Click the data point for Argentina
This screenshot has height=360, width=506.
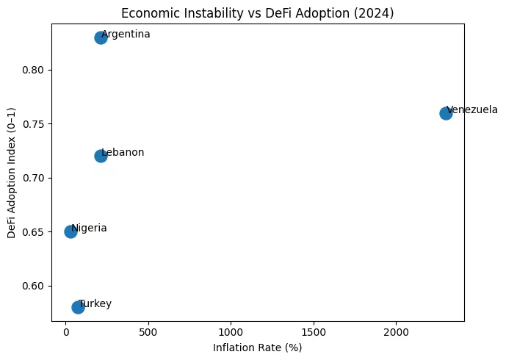[x=101, y=37]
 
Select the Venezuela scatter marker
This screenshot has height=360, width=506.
[x=446, y=113]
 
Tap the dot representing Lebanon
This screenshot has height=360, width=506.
[x=101, y=156]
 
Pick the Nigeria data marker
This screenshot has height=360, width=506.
[x=71, y=231]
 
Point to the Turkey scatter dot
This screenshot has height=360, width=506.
[x=78, y=307]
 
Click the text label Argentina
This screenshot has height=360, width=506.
[x=126, y=35]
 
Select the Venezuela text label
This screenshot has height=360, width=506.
[x=472, y=110]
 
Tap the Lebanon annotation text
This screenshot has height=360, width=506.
[x=123, y=153]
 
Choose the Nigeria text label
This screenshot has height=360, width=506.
[x=89, y=228]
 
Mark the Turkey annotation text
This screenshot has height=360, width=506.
[x=95, y=304]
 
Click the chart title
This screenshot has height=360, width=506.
[x=258, y=12]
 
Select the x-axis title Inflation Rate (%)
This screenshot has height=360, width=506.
[x=258, y=348]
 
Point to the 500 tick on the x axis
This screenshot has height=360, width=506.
[x=148, y=333]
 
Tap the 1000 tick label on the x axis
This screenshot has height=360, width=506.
[x=231, y=333]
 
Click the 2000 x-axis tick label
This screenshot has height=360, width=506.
[x=397, y=333]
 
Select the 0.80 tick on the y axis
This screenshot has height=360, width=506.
[x=35, y=70]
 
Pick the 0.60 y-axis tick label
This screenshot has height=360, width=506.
[x=35, y=286]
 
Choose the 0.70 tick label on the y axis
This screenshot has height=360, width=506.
[x=35, y=178]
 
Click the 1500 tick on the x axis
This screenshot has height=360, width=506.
[x=314, y=333]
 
